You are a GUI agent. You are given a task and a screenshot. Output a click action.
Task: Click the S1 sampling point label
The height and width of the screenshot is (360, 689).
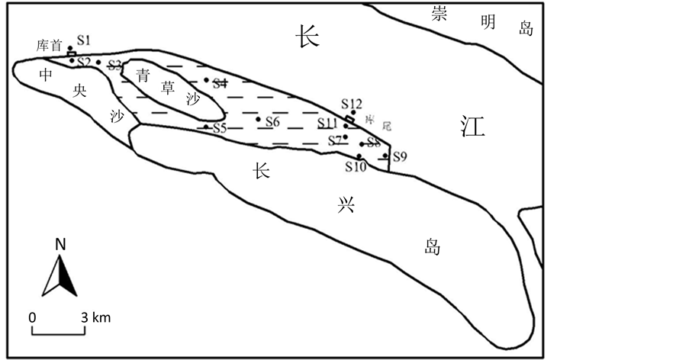[84, 40]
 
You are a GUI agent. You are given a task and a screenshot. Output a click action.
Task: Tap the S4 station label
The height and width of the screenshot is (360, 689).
[221, 83]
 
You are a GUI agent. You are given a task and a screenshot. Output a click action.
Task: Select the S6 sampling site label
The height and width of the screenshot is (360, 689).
[272, 122]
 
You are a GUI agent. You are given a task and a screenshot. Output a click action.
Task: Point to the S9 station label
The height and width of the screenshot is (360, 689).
[400, 156]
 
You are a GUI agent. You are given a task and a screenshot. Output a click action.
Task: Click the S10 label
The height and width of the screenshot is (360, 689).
[356, 167]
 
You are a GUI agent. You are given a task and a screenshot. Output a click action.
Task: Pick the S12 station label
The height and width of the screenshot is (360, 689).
[352, 104]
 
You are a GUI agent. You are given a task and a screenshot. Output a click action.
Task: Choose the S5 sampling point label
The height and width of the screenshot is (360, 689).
[220, 127]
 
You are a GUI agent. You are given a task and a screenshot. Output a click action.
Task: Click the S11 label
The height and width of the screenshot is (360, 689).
[328, 124]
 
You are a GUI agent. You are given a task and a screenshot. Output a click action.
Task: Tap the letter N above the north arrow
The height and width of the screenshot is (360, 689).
[60, 245]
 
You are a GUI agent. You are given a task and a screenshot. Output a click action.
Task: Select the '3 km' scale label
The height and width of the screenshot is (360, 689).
[96, 317]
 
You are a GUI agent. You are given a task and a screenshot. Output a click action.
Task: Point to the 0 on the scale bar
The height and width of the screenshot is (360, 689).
[33, 317]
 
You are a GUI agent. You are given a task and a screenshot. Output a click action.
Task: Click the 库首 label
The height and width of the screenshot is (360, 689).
[50, 46]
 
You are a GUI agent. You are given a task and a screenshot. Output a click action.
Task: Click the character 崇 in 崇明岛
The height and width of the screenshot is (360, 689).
[438, 15]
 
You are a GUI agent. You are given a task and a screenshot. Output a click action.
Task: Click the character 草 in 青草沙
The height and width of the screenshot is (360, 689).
[167, 86]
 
